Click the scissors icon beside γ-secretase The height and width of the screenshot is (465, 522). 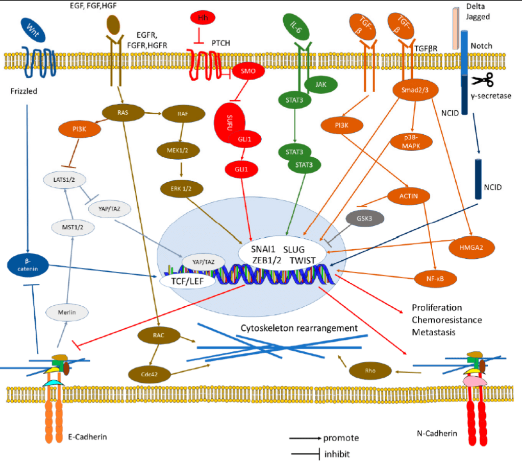pos(482,81)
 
